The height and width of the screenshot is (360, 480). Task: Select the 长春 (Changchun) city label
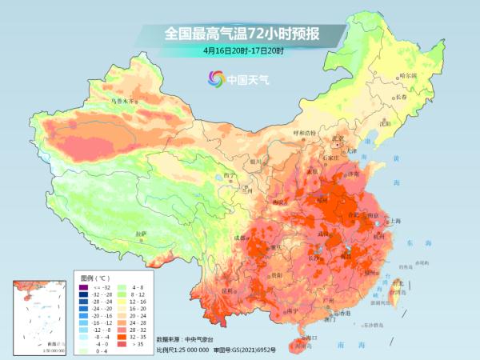click(404, 97)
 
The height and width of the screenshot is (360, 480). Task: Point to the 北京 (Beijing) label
click(339, 139)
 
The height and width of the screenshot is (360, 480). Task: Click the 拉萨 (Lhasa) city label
click(142, 234)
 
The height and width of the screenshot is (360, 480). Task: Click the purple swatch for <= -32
click(89, 286)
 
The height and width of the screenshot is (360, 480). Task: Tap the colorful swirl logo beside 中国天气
click(215, 78)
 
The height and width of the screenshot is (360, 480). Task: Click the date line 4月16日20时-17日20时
click(242, 50)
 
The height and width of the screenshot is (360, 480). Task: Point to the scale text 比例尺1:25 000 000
click(183, 350)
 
